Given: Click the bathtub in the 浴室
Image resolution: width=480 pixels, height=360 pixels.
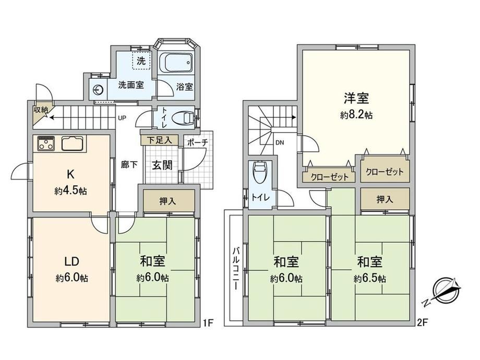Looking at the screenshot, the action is pos(176,63).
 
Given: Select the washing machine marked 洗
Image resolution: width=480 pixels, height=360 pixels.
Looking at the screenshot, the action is pos(141,61).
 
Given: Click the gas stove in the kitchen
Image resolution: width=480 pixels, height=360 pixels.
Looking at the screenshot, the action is pos(46,143).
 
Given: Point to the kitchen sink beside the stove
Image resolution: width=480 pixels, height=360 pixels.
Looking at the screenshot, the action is pos(73,143).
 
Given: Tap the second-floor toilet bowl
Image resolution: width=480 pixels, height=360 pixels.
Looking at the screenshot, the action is pos(259,172).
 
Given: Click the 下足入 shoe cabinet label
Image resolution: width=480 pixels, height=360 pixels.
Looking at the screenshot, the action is pos(159,140).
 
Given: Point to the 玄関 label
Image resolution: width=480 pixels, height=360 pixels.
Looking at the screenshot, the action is pos(162,165).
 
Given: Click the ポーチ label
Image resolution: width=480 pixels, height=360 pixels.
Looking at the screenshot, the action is pos(197,142).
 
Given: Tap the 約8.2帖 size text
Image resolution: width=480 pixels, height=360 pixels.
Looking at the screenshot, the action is pos(356,115).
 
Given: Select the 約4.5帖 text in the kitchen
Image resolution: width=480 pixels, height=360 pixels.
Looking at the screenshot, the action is pos(71,191).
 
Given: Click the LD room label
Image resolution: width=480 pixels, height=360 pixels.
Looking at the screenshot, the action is pos(71,261).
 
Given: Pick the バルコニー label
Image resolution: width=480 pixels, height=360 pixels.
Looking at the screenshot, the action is pos(236,269).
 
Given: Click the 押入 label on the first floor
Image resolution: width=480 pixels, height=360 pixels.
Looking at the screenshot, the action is pos(168,201).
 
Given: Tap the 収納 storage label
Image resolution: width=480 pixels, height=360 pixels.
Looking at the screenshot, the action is pos(41,110).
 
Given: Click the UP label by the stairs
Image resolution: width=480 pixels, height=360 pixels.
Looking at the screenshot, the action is pos(122,118).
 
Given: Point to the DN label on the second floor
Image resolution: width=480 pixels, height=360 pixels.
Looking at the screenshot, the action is pos(280,142).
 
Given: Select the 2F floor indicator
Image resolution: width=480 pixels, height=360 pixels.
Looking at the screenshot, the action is pos(422,322).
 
